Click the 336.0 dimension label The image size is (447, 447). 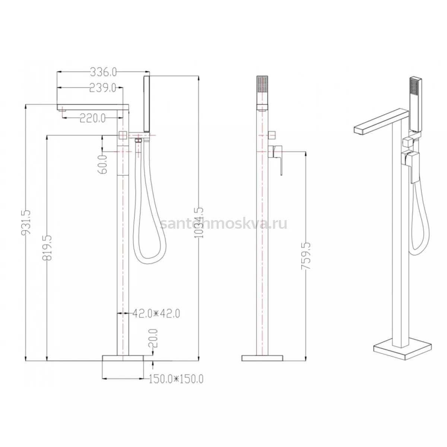pos(103,72)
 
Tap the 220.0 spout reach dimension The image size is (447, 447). pos(92,118)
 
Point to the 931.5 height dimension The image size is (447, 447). pos(26,222)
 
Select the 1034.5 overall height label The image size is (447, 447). pos(199,222)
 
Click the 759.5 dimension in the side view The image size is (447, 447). pos(305,256)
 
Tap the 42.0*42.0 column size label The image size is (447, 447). pos(156,314)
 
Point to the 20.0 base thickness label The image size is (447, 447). pos(153,338)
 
